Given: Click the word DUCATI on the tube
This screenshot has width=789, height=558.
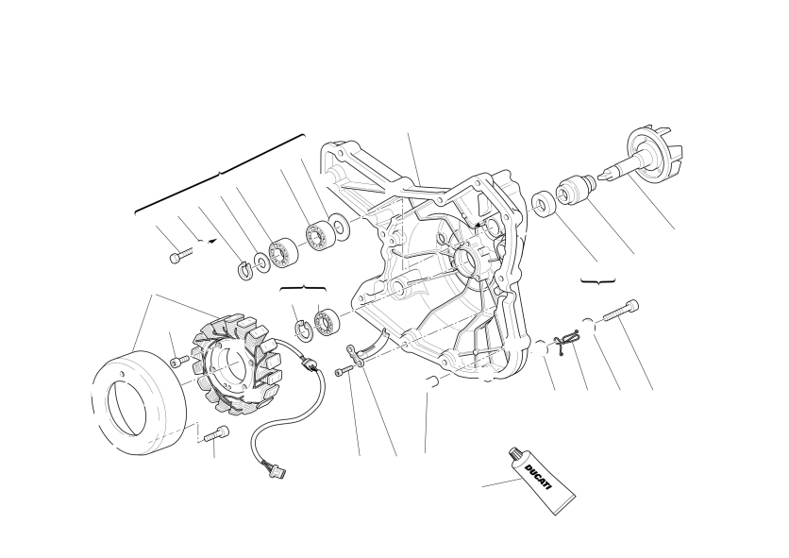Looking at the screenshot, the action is (x=538, y=477).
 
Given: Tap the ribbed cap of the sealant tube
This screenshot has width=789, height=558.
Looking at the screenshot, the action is (x=514, y=455).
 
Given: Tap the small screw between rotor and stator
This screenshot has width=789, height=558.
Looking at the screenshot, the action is (x=179, y=361).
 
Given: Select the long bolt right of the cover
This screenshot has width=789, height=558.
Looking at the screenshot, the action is (x=620, y=311).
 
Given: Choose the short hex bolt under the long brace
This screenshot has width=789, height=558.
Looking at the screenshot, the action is (x=180, y=255).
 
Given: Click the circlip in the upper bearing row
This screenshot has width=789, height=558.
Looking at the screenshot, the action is (x=244, y=270).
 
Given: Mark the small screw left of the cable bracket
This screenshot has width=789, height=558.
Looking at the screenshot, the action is (x=344, y=371).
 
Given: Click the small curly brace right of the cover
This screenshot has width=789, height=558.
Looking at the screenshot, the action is (x=598, y=281).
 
